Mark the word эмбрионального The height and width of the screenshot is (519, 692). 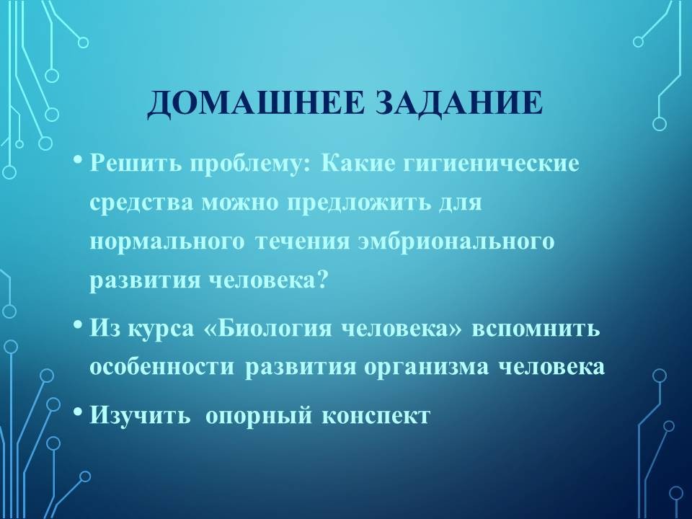456,242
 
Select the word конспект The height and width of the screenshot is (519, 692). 375,416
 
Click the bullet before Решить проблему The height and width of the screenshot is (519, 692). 78,160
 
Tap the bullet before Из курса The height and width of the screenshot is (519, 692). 78,326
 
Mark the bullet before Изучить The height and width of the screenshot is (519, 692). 78,412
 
